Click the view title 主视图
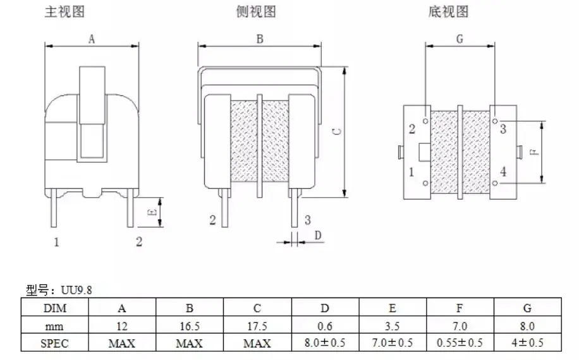click(64, 11)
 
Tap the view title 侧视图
click(256, 11)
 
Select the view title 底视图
click(448, 11)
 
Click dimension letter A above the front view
click(92, 39)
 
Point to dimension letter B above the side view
click(260, 39)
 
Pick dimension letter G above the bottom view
click(460, 39)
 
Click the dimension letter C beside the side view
click(337, 131)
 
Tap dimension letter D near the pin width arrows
click(317, 235)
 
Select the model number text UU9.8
click(76, 291)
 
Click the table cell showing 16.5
click(190, 326)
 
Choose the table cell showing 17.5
click(257, 326)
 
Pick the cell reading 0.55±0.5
click(460, 343)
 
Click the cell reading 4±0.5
click(527, 343)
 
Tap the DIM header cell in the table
click(54, 308)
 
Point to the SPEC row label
click(54, 344)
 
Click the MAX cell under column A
click(122, 344)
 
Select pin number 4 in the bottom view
click(503, 172)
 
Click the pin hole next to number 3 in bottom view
click(495, 121)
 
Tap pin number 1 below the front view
click(56, 242)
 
